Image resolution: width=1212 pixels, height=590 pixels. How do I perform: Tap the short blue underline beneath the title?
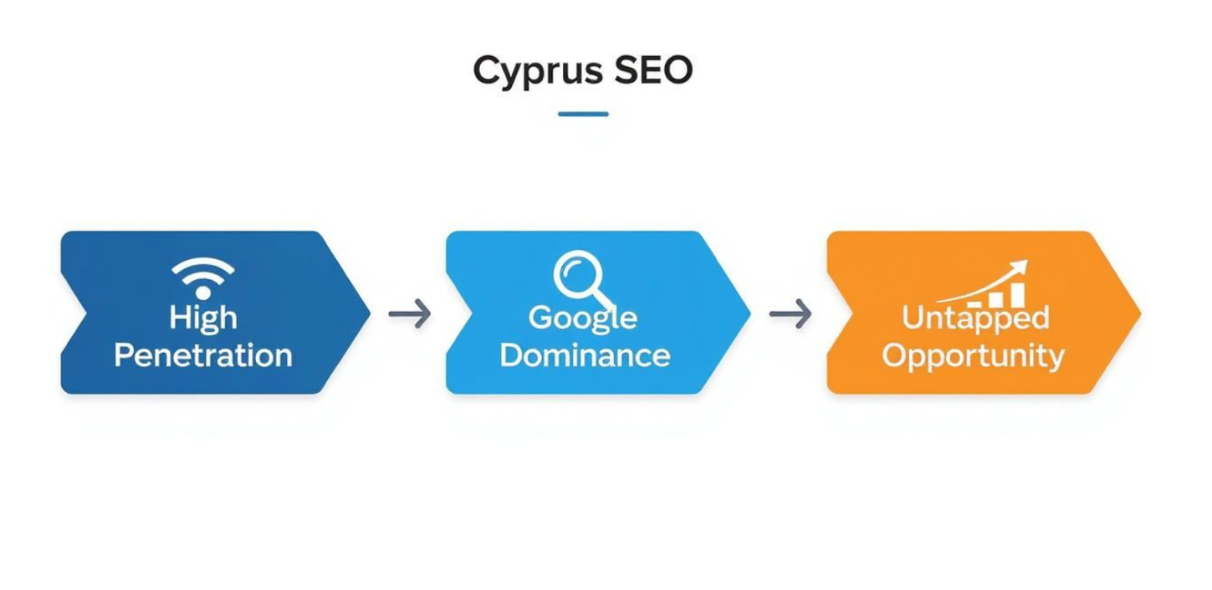coord(583,114)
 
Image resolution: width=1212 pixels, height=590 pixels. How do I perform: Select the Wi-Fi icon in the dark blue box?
coord(202,277)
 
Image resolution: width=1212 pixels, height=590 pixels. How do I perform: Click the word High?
coord(202,318)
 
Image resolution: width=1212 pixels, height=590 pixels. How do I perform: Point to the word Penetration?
coord(202,355)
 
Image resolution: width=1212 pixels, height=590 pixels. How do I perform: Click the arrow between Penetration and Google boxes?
coord(410,314)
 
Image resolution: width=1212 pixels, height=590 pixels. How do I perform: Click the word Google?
coord(583,318)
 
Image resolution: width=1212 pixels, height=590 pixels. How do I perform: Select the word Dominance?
coord(584,355)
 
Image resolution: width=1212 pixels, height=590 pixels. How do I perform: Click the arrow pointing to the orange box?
coord(790,314)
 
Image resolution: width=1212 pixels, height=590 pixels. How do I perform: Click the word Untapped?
coord(974,318)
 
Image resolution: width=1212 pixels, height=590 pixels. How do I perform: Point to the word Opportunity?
coord(973,356)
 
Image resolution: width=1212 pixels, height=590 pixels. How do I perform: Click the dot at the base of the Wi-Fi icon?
coord(202,292)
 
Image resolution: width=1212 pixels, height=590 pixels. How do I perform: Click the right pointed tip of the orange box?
coord(1138,313)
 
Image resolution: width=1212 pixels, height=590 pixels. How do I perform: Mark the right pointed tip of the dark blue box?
coord(368,313)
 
